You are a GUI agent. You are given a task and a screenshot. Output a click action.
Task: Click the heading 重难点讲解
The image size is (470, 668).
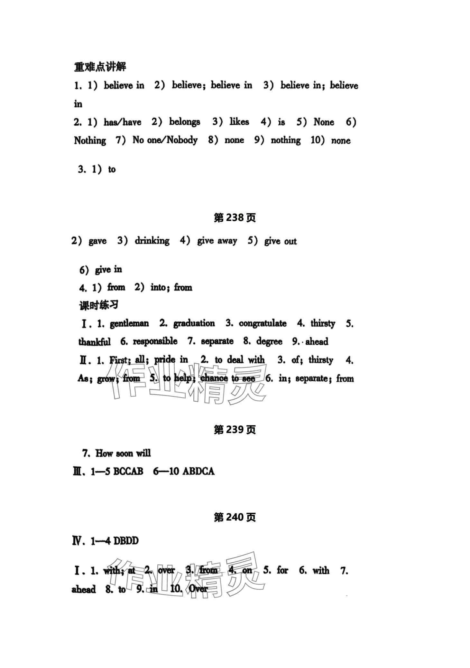pos(100,67)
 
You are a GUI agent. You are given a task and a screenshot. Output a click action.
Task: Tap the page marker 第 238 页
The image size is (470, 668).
pos(235,218)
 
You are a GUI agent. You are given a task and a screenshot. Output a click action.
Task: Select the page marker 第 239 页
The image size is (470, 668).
pos(235,430)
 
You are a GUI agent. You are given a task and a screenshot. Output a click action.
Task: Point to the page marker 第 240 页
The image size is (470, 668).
pos(235,518)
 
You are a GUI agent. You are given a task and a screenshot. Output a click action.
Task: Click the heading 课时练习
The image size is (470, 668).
pos(99,305)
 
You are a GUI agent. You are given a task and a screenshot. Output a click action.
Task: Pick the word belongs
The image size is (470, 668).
pos(185,122)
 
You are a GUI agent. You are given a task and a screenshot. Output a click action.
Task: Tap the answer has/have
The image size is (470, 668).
pos(122,122)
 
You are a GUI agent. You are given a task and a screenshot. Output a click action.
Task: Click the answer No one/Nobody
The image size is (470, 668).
pos(165,140)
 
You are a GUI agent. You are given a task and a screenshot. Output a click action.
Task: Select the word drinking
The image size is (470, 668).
pos(152,241)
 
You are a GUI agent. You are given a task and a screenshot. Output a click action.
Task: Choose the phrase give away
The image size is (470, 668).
pos(217,241)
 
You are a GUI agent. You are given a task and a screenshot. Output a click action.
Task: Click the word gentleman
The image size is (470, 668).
pos(129,323)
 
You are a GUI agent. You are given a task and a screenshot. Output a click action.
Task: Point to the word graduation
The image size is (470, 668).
pos(194,323)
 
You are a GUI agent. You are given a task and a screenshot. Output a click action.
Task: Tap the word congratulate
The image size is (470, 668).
pos(263,323)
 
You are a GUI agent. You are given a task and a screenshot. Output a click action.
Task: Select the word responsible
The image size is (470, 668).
pos(155,341)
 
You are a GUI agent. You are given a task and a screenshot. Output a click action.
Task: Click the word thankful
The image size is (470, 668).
pos(94,342)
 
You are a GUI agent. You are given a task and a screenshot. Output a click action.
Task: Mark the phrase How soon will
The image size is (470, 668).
pos(123,453)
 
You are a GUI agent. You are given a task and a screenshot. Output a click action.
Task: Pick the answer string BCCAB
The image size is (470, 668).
pos(128,472)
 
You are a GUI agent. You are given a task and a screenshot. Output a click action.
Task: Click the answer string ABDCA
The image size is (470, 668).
pos(198,472)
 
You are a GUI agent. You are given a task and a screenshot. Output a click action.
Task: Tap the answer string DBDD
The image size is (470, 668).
pos(126,541)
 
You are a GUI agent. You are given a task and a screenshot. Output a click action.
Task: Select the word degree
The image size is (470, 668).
pos(269,341)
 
